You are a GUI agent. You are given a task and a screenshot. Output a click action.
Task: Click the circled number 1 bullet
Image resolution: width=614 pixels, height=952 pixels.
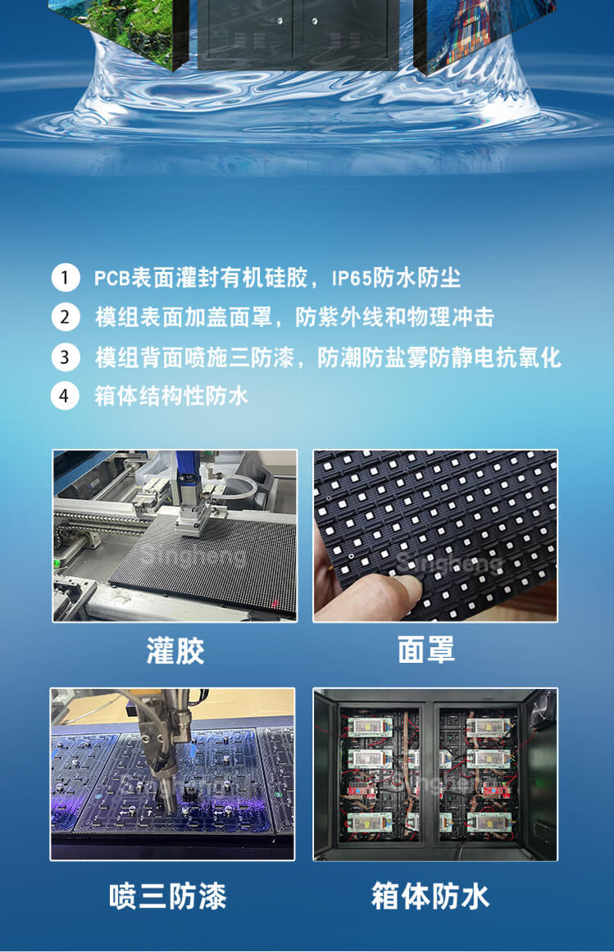[65, 278]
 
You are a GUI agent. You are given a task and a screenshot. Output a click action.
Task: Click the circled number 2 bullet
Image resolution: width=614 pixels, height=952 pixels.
[65, 317]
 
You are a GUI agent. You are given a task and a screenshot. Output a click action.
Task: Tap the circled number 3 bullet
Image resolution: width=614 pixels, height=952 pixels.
[65, 357]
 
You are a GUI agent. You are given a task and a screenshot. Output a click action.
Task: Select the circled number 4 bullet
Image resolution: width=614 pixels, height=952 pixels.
[65, 397]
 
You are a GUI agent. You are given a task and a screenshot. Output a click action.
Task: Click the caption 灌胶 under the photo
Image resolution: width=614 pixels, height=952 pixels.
[175, 651]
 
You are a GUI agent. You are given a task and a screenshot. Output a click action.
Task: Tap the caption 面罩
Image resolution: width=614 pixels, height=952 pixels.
[426, 651]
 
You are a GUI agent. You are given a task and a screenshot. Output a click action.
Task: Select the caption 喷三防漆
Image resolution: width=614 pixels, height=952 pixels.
[168, 895]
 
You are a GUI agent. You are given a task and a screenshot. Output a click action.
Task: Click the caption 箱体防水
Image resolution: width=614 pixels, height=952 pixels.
[430, 895]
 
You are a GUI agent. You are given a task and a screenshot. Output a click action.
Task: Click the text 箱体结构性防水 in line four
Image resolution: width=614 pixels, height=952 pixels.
[171, 397]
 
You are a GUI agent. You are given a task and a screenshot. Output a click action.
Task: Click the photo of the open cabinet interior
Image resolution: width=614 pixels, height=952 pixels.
[435, 774]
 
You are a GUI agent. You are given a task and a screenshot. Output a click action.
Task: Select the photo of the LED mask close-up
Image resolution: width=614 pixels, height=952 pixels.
[435, 535]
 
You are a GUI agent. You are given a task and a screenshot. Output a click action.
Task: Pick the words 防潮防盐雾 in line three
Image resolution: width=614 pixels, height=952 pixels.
[366, 357]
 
